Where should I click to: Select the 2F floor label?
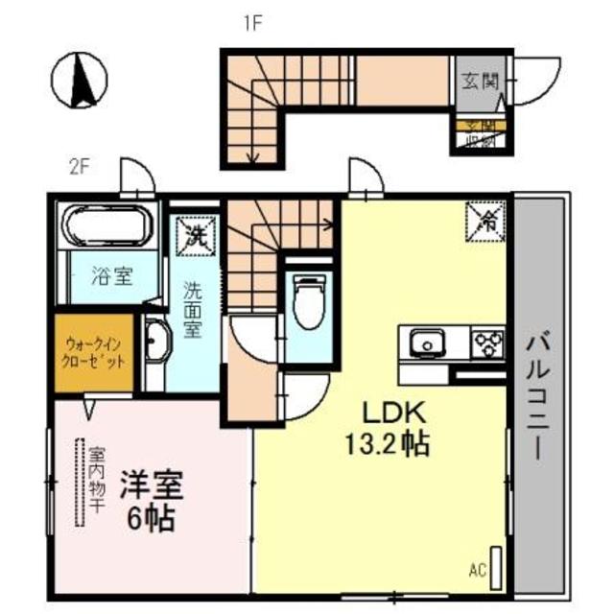tap(78, 166)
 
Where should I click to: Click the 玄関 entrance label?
tap(480, 81)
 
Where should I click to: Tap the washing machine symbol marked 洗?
tap(196, 235)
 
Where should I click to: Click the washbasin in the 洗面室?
tap(157, 342)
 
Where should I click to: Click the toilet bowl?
tap(309, 302)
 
